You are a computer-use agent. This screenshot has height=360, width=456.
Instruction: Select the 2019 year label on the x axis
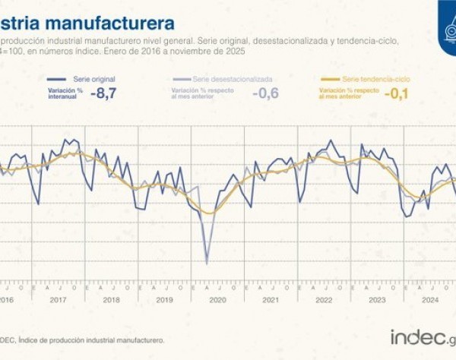coord(166,299)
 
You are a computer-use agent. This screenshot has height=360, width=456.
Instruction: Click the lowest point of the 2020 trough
coord(207,264)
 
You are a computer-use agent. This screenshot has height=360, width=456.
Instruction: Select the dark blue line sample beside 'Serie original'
coord(55,79)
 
